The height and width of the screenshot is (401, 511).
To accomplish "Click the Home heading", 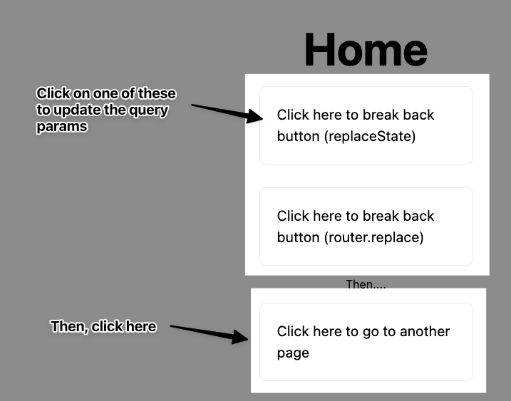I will pyautogui.click(x=366, y=51).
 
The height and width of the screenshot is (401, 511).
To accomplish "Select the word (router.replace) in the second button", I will pyautogui.click(x=373, y=237).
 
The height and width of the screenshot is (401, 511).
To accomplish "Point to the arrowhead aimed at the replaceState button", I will pyautogui.click(x=256, y=115).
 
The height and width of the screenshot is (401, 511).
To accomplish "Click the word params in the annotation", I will pyautogui.click(x=62, y=127).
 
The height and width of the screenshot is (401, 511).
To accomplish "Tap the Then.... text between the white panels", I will pyautogui.click(x=365, y=284).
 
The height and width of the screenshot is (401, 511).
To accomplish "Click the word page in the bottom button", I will pyautogui.click(x=293, y=353).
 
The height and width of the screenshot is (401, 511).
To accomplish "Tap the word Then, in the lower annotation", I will pyautogui.click(x=69, y=326).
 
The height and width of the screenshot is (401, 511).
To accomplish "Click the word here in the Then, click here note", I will pyautogui.click(x=140, y=326).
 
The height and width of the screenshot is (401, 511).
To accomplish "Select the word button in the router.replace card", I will pyautogui.click(x=298, y=237).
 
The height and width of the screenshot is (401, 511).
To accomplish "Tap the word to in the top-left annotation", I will pyautogui.click(x=44, y=110).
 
